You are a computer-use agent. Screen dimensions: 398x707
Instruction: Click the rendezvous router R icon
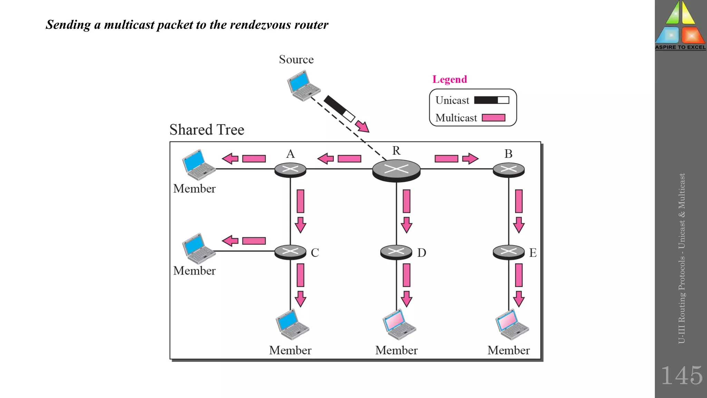click(x=396, y=170)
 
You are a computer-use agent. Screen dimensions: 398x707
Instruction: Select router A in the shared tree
click(x=290, y=170)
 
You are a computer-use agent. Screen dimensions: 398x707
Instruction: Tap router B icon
click(x=509, y=170)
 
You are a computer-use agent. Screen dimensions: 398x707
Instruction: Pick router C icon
click(x=290, y=252)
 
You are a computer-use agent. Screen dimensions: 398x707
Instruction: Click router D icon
click(x=396, y=252)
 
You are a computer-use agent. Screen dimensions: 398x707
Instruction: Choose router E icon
click(x=509, y=252)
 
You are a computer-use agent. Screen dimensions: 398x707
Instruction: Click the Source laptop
click(x=303, y=85)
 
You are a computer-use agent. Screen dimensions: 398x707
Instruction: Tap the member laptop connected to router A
click(x=198, y=165)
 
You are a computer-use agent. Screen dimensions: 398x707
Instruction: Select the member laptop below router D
click(x=398, y=324)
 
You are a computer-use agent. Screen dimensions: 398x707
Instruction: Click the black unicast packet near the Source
click(x=339, y=108)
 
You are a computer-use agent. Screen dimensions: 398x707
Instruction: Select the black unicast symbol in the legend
click(x=491, y=100)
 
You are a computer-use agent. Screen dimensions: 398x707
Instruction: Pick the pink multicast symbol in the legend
click(x=493, y=118)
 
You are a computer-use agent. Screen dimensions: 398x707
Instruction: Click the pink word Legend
click(x=449, y=79)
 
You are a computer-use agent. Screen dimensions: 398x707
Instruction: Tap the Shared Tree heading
click(x=206, y=130)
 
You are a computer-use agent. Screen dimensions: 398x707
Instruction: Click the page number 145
click(x=681, y=376)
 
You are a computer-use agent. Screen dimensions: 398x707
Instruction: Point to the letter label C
click(x=314, y=253)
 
